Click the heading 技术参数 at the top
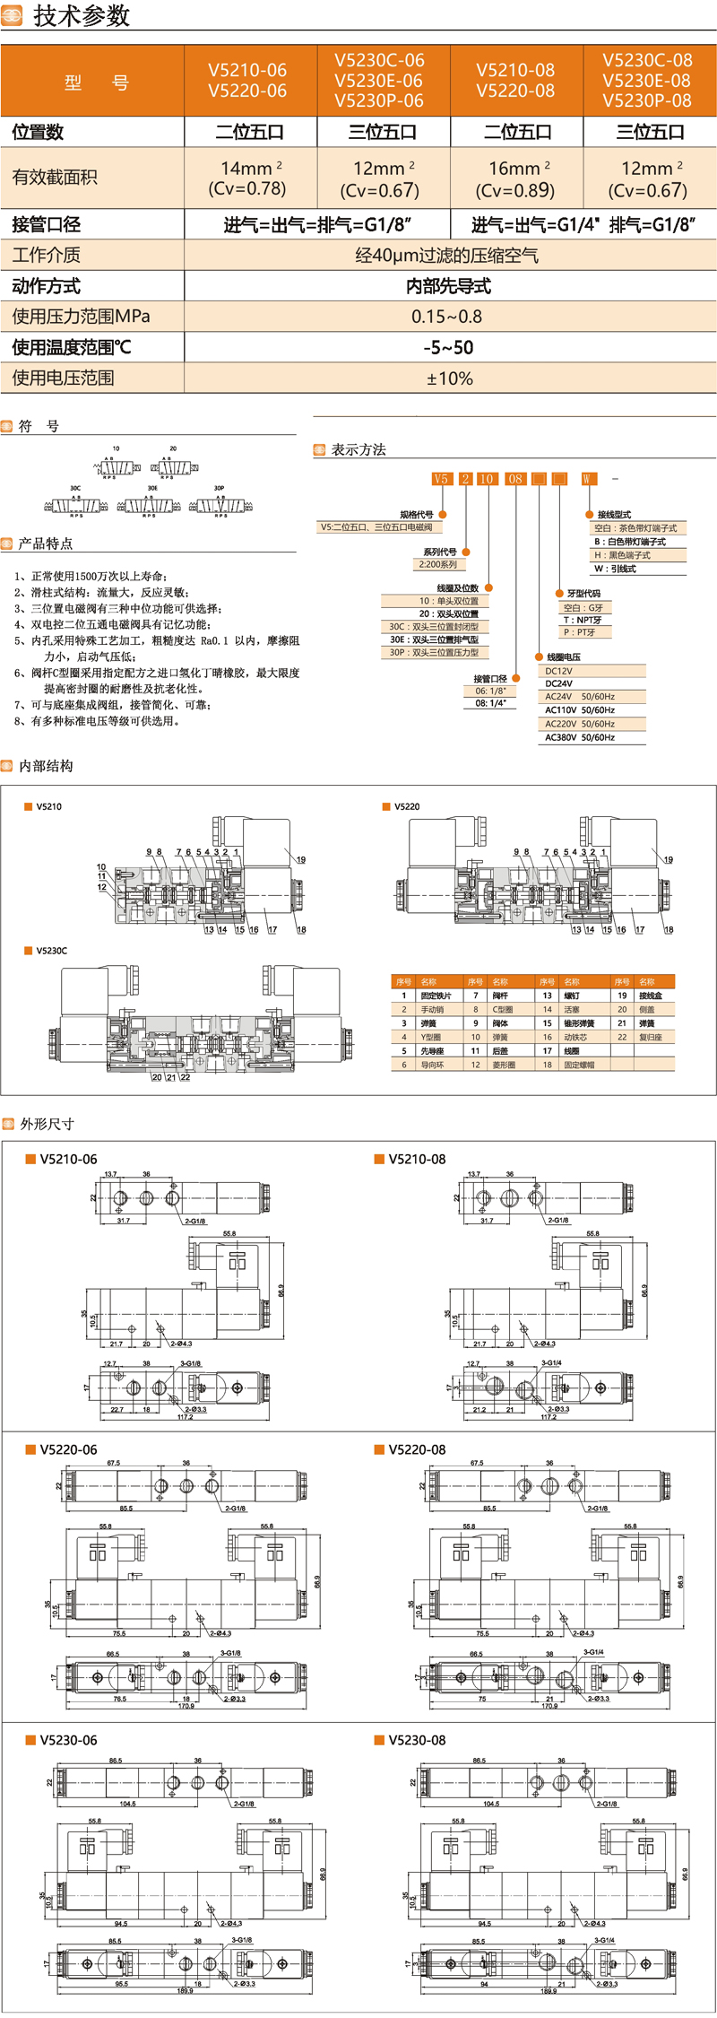pos(82,16)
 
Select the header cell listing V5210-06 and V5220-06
pos(247,80)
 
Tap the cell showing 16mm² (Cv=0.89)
pos(515,178)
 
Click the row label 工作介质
pos(47,255)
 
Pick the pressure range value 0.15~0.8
pos(447,317)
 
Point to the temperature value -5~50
pos(448,347)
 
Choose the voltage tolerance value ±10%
pos(449,378)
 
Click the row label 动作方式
pos(47,286)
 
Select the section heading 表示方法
pos(358,449)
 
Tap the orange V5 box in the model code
pos(440,479)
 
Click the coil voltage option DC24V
pos(559,683)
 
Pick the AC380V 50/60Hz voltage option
pos(580,737)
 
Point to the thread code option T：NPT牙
pos(583,620)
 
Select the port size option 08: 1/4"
pos(490,703)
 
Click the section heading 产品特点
pos(46,544)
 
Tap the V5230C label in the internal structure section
pos(52,951)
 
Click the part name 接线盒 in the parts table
pos(650,996)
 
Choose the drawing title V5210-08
pos(417,1159)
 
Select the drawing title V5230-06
pos(68,1740)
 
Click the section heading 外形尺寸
pos(47,1124)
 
